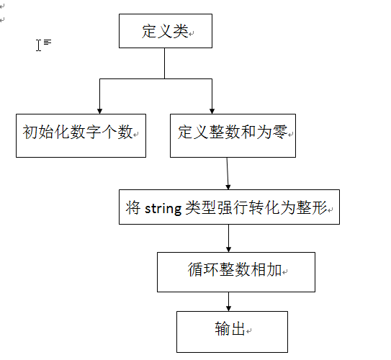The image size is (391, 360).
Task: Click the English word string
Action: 163,208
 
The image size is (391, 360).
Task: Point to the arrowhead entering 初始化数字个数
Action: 100,112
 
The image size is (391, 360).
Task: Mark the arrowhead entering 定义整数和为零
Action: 212,112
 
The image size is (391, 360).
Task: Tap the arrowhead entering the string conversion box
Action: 228,187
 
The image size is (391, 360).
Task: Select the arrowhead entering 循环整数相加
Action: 228,250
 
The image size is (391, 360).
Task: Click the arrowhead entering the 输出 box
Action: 228,308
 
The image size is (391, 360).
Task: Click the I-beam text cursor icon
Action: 38,45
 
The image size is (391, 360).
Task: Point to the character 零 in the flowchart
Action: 280,132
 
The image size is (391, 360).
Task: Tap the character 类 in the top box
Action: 181,32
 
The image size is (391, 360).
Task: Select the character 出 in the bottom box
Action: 238,328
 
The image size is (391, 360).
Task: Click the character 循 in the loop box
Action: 195,269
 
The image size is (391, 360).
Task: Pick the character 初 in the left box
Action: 30,132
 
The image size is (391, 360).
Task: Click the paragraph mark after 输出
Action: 249,330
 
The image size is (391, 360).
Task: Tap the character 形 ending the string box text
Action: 319,207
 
